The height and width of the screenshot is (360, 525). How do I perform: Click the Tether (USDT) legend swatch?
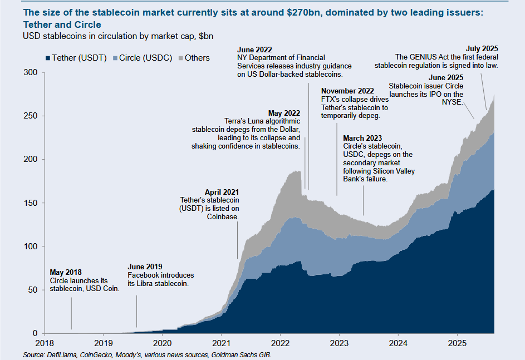[x=47, y=58]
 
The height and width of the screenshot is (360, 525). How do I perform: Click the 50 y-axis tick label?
[x=32, y=290]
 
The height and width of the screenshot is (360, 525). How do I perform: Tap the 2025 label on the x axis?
[x=457, y=342]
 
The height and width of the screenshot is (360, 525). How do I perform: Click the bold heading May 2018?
[x=66, y=273]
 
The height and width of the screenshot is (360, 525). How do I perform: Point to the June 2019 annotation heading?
[x=145, y=267]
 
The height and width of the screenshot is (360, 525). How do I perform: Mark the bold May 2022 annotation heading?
[x=284, y=112]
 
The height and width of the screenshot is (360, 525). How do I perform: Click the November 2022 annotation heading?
[x=347, y=91]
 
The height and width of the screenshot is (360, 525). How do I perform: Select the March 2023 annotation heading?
[x=362, y=138]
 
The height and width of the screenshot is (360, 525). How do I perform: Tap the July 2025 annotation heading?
[x=482, y=48]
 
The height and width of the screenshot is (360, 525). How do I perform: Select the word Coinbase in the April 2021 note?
[x=222, y=216]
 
